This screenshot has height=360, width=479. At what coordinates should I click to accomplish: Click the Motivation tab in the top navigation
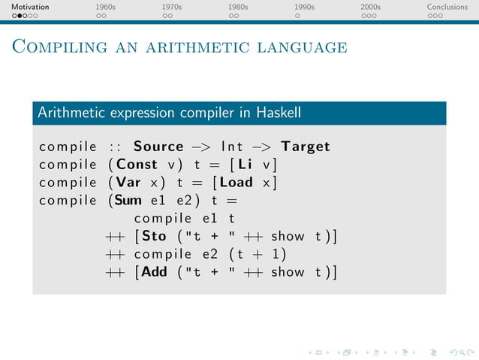[x=30, y=7]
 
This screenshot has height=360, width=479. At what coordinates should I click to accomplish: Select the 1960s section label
[x=106, y=7]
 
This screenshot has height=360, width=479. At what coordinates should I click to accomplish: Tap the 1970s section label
[x=172, y=7]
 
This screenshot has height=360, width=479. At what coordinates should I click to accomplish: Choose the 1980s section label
[x=238, y=7]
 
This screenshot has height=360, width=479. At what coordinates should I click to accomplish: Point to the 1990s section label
[x=304, y=7]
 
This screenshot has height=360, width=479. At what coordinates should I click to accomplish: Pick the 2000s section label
[x=370, y=7]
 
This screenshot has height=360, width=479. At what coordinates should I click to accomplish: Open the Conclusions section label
[x=447, y=7]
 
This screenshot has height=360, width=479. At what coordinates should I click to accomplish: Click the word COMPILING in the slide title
[x=56, y=48]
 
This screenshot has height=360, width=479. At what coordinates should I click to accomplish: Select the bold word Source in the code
[x=158, y=147]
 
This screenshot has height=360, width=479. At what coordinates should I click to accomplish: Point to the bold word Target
[x=306, y=147]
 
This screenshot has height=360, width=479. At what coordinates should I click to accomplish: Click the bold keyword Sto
[x=155, y=237]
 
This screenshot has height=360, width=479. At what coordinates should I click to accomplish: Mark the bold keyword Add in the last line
[x=154, y=272]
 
